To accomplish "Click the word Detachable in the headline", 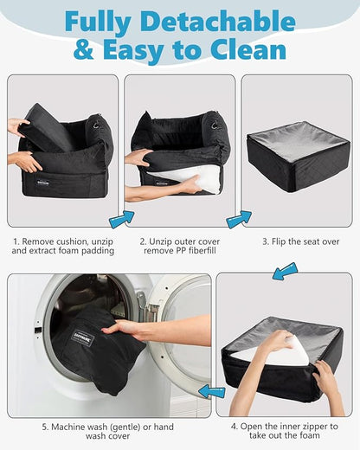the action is (x=217, y=22).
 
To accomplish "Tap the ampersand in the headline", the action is (x=84, y=49).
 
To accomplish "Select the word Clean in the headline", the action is (x=248, y=49).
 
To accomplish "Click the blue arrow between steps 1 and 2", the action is (x=121, y=220).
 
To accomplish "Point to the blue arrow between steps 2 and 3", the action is (x=239, y=220).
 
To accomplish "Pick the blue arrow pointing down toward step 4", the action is (x=285, y=271).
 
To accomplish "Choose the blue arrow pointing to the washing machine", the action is (x=212, y=391).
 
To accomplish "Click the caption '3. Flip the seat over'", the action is (x=301, y=241).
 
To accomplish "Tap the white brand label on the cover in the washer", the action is (x=82, y=337).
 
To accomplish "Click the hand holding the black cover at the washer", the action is (x=123, y=330).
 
